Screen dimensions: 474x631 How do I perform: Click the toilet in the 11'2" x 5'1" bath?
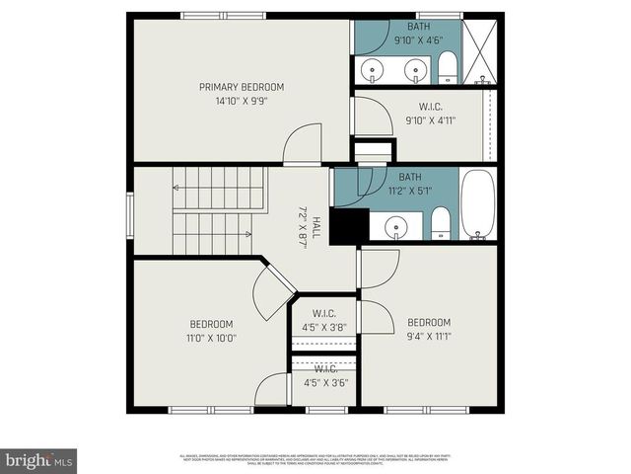441,223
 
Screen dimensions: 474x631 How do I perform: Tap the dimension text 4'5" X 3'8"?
325,328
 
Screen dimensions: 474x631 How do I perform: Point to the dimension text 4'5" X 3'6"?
325,382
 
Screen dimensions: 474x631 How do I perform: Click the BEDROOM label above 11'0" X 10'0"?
211,324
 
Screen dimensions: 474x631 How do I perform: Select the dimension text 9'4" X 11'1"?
429,336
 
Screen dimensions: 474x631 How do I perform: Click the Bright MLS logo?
39,460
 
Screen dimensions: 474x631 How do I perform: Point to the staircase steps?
212,211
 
